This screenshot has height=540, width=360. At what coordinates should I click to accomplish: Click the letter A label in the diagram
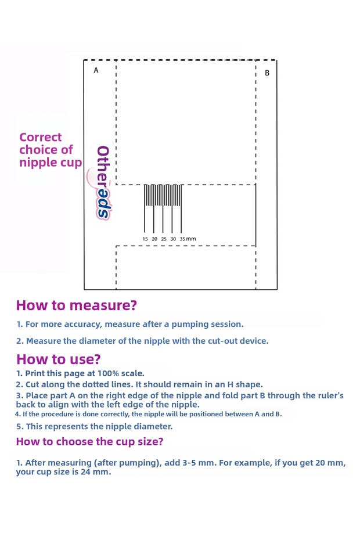[x=96, y=70]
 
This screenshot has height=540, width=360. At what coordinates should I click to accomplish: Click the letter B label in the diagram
[x=267, y=73]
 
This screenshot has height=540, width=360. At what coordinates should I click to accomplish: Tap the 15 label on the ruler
[x=145, y=239]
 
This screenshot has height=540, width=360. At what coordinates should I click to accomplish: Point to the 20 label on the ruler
[x=154, y=239]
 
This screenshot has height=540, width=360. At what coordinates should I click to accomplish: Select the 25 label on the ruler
[x=164, y=239]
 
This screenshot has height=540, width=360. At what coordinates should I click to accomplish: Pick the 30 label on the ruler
[x=173, y=239]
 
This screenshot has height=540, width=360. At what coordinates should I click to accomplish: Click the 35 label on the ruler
[x=182, y=239]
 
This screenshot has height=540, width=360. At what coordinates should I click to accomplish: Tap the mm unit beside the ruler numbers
[x=191, y=239]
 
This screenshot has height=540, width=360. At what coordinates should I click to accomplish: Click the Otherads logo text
[x=103, y=182]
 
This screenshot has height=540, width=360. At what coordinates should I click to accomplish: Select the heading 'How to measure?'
[x=76, y=305]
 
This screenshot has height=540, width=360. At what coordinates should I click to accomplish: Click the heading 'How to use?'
[x=58, y=359]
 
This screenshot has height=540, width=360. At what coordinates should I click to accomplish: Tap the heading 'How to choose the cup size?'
[x=89, y=441]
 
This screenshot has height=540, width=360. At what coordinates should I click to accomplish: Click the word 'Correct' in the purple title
[x=40, y=137]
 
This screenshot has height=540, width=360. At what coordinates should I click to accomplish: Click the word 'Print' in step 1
[x=37, y=373]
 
